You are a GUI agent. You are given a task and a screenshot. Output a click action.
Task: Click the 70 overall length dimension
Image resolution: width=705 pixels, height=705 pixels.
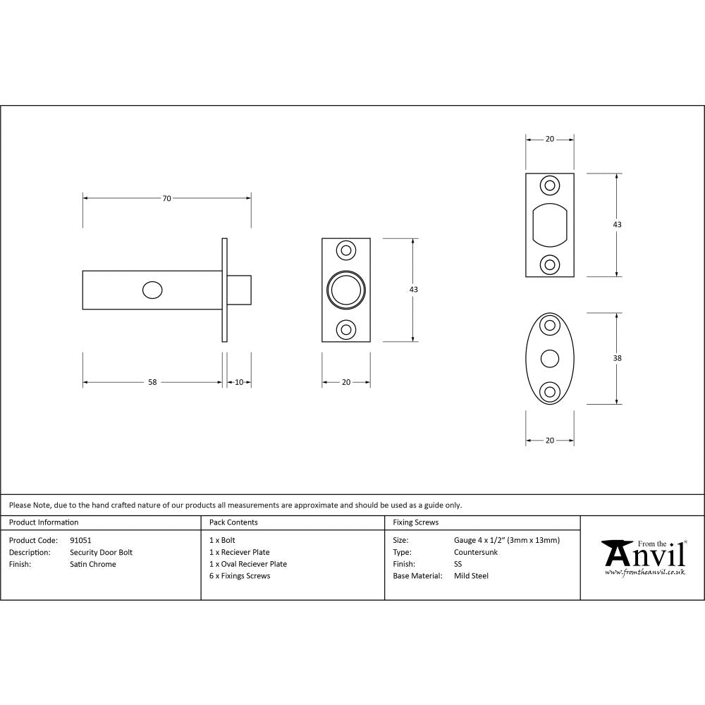tap(166, 199)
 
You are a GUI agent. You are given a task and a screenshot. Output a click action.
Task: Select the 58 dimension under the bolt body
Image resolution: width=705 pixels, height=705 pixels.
tap(152, 382)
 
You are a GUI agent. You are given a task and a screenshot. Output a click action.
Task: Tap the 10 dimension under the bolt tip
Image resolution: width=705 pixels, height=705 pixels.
tap(239, 382)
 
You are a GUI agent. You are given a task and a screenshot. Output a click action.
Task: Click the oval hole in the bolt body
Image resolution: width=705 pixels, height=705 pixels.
tap(152, 290)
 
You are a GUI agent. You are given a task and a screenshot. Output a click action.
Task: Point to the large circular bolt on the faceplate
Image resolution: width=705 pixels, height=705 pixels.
tap(346, 290)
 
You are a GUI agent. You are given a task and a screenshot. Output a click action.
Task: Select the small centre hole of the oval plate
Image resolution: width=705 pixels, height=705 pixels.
tap(549, 359)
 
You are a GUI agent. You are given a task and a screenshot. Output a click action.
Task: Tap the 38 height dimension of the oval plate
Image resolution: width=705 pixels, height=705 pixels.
tap(618, 358)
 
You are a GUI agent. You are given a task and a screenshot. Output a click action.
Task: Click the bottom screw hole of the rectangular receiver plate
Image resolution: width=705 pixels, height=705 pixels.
tap(549, 264)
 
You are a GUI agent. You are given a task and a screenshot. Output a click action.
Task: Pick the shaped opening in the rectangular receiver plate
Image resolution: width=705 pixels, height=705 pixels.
tap(549, 224)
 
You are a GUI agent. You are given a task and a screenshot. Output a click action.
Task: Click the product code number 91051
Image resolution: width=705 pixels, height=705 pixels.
tap(80, 540)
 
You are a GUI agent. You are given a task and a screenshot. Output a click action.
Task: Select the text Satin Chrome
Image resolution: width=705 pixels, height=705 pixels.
tap(92, 564)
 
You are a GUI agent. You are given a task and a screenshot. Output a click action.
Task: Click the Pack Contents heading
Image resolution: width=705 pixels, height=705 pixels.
tap(233, 522)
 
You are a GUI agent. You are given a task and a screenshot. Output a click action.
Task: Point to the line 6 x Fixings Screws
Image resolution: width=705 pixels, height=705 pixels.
tap(240, 576)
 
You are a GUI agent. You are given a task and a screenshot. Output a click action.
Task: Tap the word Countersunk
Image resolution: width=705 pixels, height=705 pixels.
tap(475, 552)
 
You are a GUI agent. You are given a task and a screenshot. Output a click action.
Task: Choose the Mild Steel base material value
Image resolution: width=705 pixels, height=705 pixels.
tap(471, 576)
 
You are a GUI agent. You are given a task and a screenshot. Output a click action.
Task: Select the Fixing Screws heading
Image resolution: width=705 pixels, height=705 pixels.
tap(415, 522)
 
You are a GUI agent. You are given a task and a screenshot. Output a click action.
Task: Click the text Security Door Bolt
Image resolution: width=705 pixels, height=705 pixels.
tap(101, 552)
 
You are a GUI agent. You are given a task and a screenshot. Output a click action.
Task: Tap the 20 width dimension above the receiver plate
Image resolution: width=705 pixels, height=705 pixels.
tap(549, 139)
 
